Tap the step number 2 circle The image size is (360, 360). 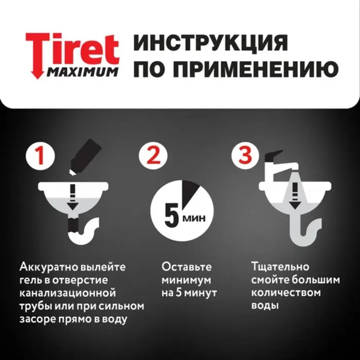click(x=153, y=156)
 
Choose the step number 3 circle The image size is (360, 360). click(x=244, y=156)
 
